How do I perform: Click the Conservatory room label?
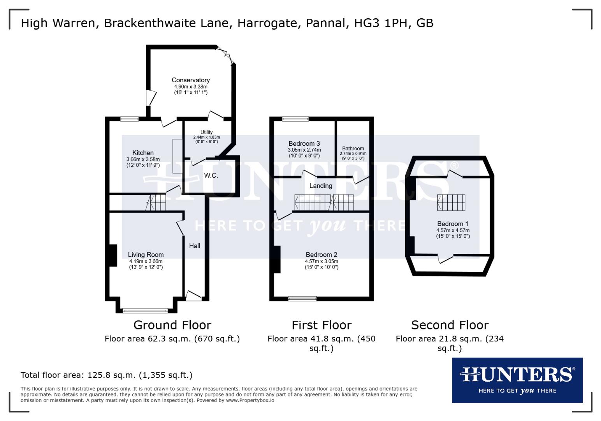click(x=191, y=80)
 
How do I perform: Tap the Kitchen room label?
click(x=143, y=153)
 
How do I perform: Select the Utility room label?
click(x=206, y=132)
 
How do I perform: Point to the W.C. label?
click(x=211, y=175)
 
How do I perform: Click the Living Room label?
click(x=146, y=255)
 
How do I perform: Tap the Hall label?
click(x=195, y=246)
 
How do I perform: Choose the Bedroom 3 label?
click(x=304, y=143)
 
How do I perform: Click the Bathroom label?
click(x=353, y=148)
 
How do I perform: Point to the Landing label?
click(x=321, y=186)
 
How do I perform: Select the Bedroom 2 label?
click(x=322, y=255)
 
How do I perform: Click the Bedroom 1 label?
click(x=453, y=224)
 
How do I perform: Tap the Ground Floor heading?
click(x=172, y=325)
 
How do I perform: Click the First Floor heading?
click(x=322, y=325)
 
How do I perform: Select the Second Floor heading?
click(x=450, y=325)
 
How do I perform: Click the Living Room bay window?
click(x=145, y=311)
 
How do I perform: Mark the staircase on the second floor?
click(x=451, y=202)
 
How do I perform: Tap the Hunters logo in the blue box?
click(x=517, y=375)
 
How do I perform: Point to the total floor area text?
click(x=106, y=375)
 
